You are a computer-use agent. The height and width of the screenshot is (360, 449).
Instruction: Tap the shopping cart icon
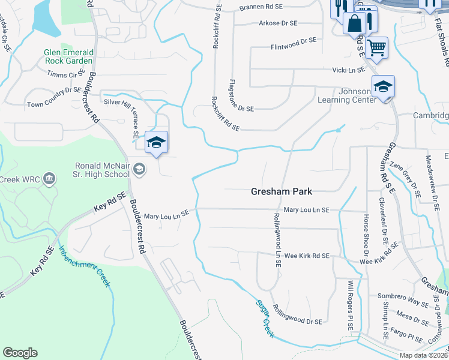(x=376, y=47)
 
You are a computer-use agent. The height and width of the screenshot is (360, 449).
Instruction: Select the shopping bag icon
(x=355, y=23)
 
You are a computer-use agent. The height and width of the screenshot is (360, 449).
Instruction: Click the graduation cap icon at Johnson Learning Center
(x=382, y=86)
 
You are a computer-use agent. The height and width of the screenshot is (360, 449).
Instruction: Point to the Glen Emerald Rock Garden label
(x=68, y=56)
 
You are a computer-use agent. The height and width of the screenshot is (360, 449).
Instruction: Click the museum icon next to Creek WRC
(x=49, y=178)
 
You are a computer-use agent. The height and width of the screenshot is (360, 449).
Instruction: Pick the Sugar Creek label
(x=265, y=317)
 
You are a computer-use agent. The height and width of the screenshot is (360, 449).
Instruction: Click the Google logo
(x=20, y=353)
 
